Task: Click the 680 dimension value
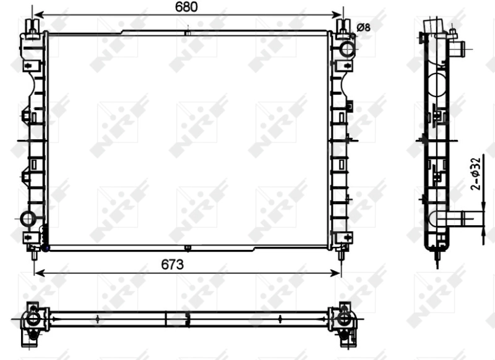point(186,7)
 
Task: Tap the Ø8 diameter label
point(364,27)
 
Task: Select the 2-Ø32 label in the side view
point(475,174)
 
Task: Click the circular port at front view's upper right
point(346,48)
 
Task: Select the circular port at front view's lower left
point(28,218)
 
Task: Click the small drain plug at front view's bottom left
point(45,248)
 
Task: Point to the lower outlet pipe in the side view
point(459,218)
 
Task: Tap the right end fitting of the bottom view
point(345,319)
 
